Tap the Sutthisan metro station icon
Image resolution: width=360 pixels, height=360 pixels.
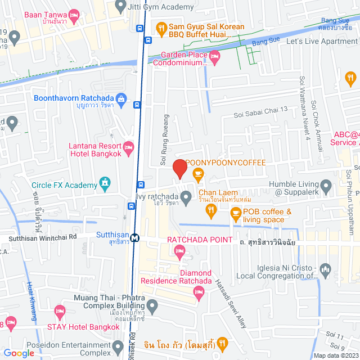tap(135, 237)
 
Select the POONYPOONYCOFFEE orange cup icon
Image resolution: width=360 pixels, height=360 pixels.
tap(198, 174)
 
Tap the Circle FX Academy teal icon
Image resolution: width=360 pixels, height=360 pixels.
tap(104, 183)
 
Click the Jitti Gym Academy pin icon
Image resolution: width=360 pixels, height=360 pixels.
tap(119, 7)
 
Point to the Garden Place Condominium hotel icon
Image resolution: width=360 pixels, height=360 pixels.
tap(214, 56)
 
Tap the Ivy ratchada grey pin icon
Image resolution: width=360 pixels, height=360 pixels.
tap(187, 196)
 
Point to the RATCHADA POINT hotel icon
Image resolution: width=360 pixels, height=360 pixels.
tap(179, 254)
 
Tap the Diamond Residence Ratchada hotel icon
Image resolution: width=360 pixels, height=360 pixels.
tap(198, 291)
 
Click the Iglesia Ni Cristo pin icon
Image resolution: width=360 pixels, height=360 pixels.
tap(325, 268)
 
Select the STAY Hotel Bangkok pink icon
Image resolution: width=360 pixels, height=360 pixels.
tap(60, 311)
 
